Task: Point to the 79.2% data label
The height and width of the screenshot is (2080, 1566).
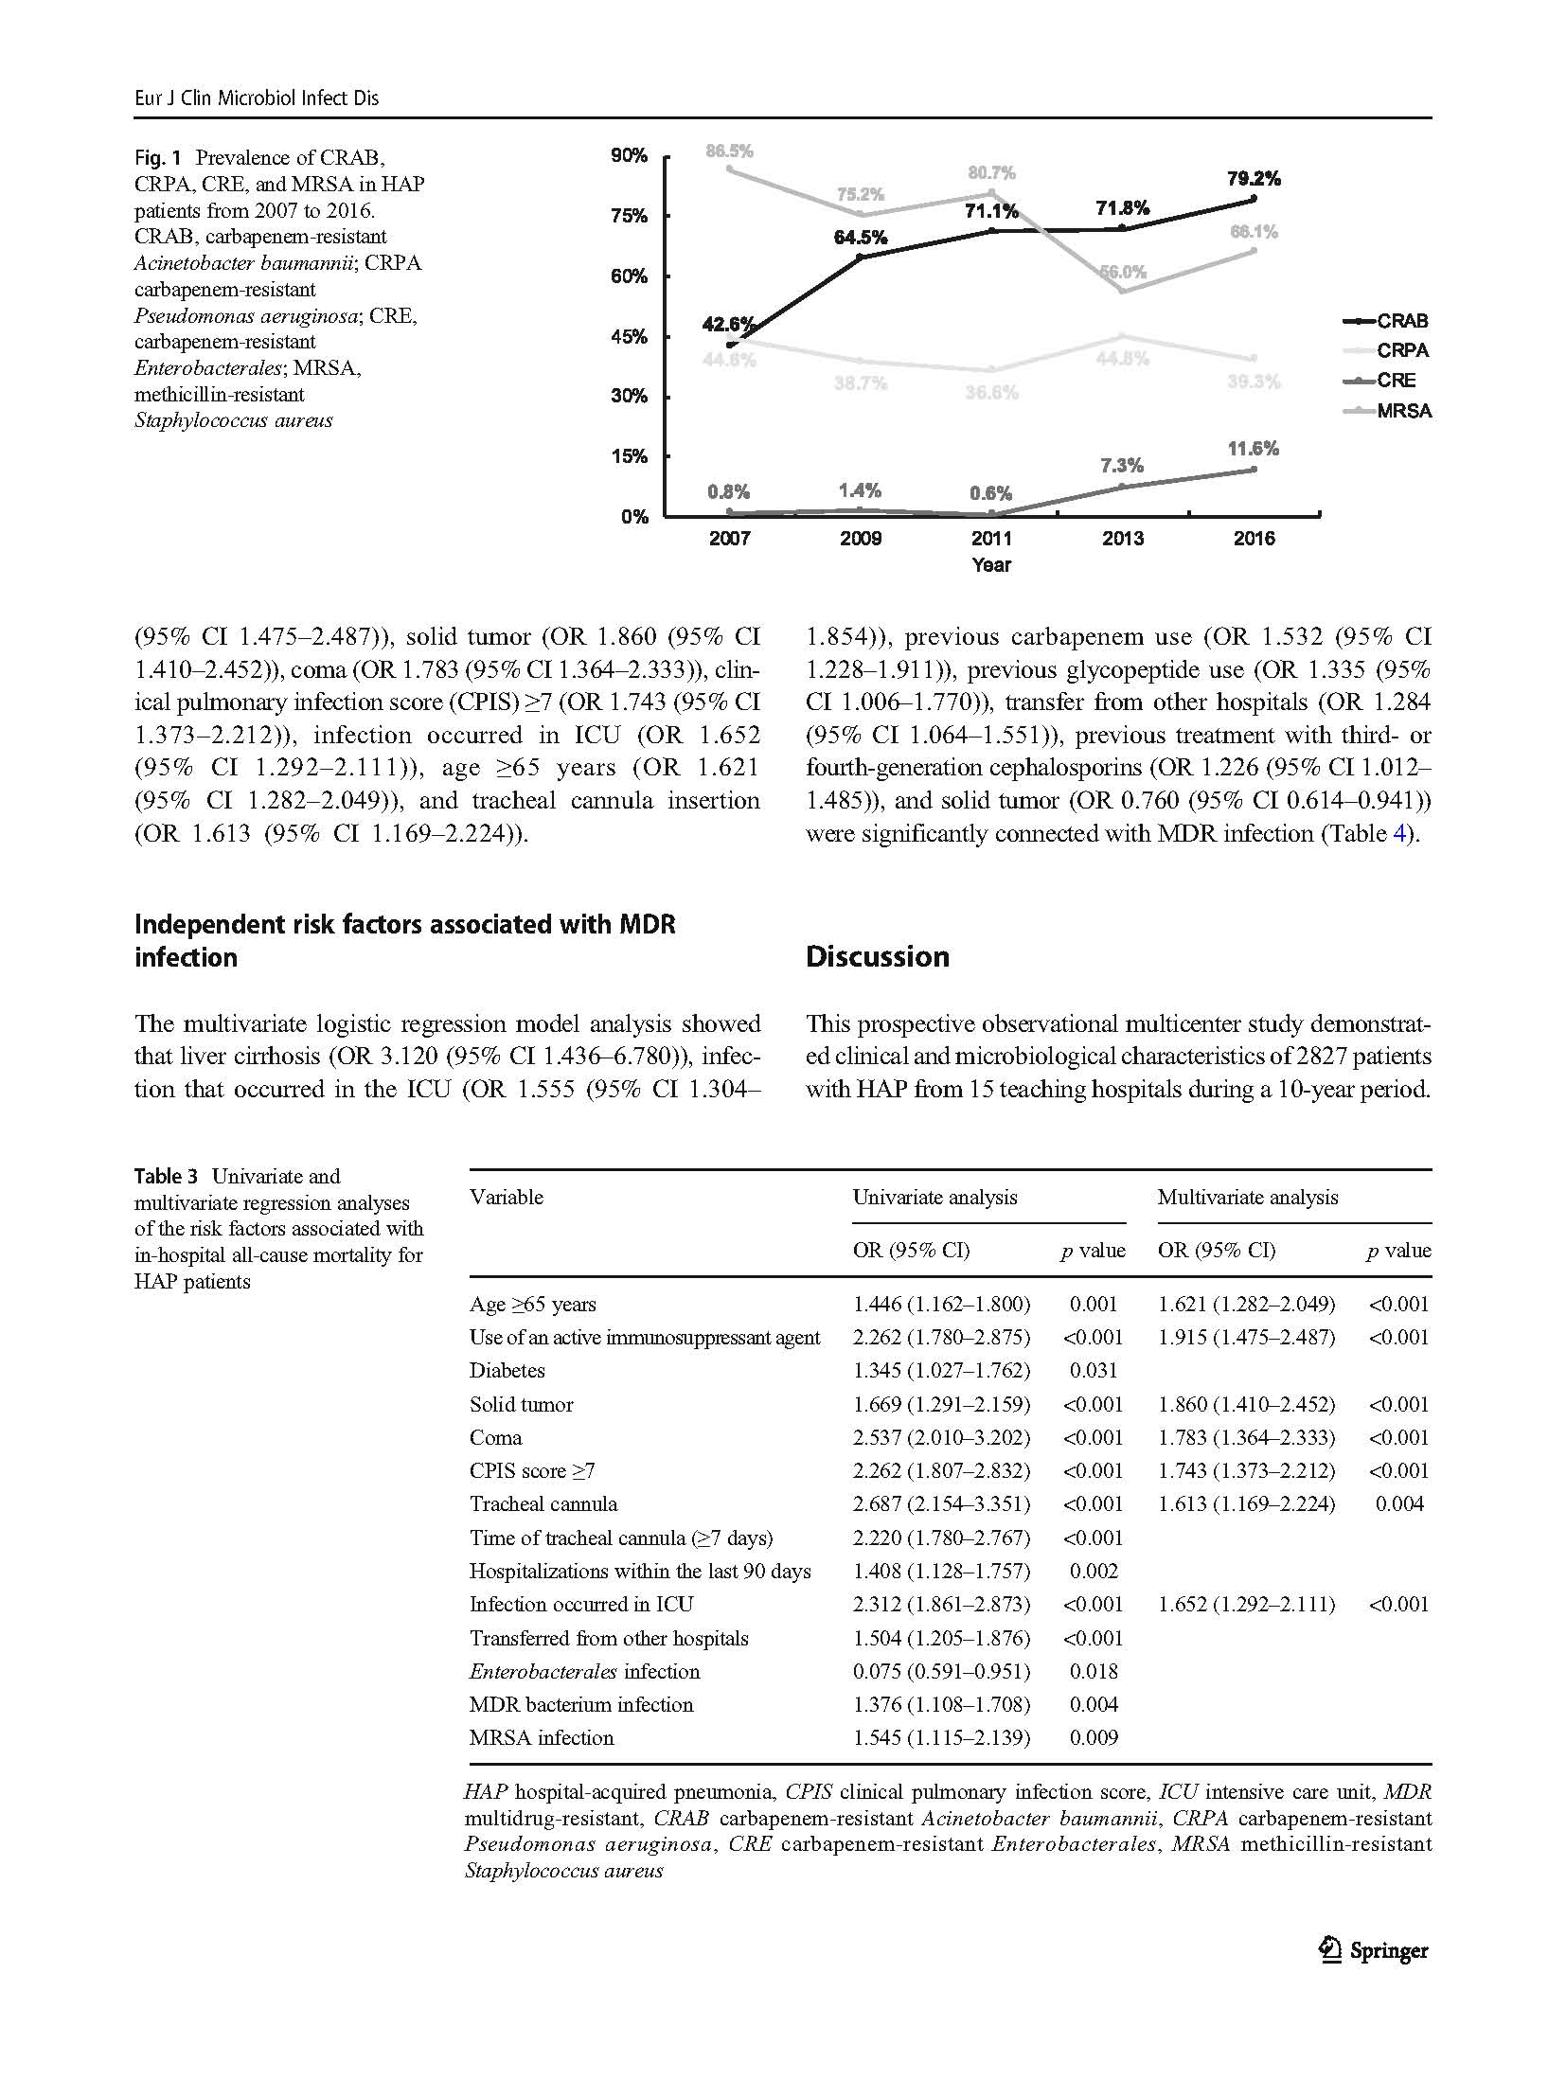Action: click(x=1254, y=178)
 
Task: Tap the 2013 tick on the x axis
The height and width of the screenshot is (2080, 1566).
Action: click(x=1123, y=539)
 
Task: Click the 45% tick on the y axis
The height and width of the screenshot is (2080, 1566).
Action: click(x=629, y=336)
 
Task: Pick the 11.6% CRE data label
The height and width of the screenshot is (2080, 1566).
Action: click(x=1253, y=449)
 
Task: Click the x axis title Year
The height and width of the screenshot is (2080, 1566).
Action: click(x=991, y=565)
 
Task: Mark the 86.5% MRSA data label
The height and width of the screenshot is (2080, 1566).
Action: click(x=729, y=151)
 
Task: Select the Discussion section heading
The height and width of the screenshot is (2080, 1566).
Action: click(x=877, y=956)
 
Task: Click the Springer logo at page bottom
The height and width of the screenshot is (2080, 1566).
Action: click(x=1374, y=1950)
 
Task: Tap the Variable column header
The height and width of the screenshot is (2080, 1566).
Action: click(x=507, y=1197)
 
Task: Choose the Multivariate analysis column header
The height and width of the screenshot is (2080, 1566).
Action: click(x=1247, y=1197)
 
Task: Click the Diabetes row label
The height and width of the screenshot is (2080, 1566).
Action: click(x=507, y=1370)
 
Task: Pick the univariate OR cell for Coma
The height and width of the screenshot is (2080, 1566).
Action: click(x=941, y=1437)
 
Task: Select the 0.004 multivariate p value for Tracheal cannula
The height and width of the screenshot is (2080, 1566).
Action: click(x=1398, y=1503)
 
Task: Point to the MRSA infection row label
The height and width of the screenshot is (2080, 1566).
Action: click(x=542, y=1737)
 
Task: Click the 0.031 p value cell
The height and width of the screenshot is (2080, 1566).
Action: click(x=1094, y=1370)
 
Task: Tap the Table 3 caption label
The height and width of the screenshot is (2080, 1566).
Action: click(x=167, y=1176)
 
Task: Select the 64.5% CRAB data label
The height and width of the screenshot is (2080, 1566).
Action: click(x=860, y=238)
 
